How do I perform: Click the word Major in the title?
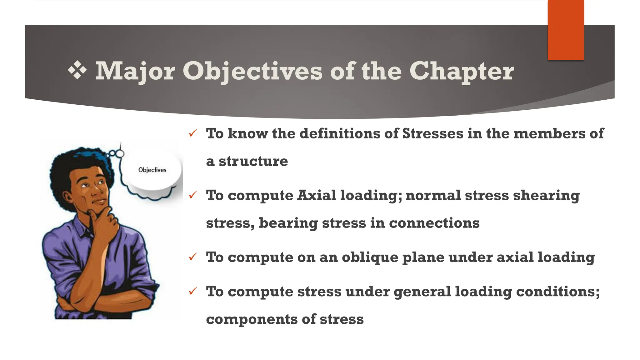(135, 71)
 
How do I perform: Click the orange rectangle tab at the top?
(566, 30)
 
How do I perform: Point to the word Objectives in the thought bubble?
(152, 170)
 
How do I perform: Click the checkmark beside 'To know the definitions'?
(192, 133)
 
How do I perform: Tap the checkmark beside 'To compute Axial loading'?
(192, 195)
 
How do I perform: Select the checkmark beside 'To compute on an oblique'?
(192, 257)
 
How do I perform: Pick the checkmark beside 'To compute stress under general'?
(192, 291)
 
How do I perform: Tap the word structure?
(253, 161)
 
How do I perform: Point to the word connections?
(434, 223)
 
